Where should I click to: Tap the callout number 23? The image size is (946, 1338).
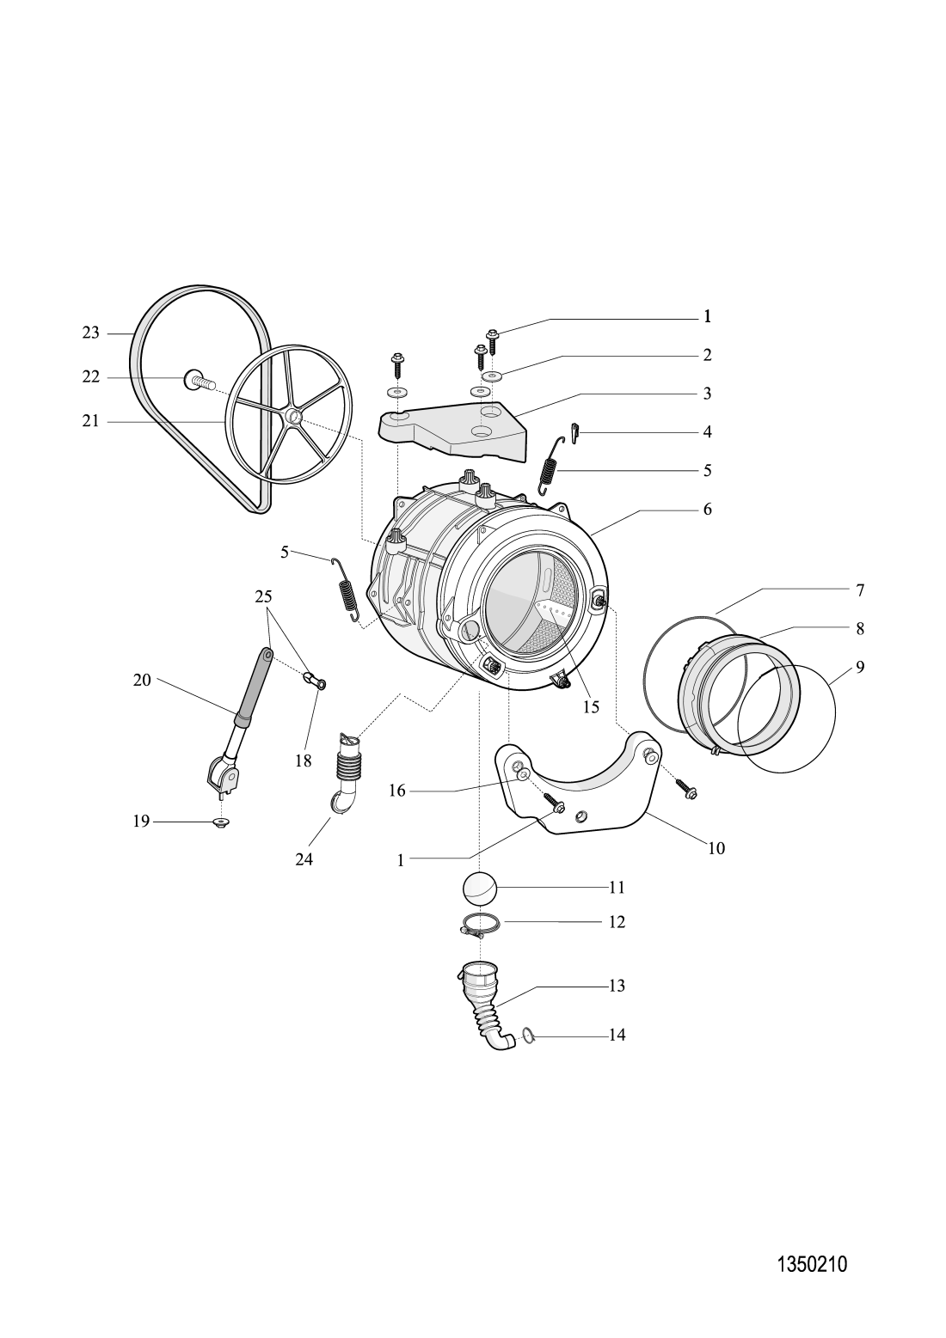click(91, 333)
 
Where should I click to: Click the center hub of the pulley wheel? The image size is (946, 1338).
click(294, 417)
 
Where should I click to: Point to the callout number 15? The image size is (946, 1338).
click(591, 706)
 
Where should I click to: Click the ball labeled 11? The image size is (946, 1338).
click(480, 887)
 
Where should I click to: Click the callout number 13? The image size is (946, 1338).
click(617, 986)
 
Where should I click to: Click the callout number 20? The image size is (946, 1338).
click(142, 680)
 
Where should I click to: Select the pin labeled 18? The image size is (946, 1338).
click(315, 682)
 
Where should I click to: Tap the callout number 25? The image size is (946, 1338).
click(263, 595)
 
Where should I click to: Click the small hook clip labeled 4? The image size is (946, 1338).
click(575, 431)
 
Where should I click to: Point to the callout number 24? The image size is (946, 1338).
click(304, 858)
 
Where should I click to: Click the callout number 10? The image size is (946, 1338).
click(716, 848)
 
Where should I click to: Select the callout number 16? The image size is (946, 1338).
click(396, 791)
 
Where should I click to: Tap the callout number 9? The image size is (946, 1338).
click(860, 667)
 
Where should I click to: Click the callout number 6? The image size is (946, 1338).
click(707, 509)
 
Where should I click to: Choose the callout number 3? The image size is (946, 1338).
click(707, 394)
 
